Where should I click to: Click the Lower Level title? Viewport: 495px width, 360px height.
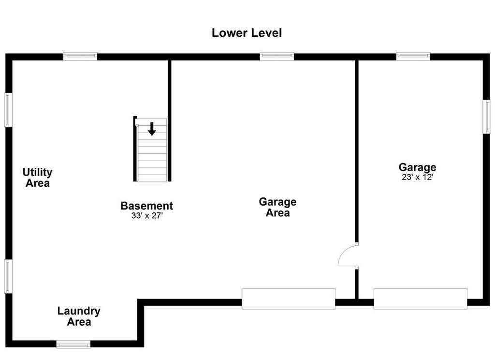click(247, 33)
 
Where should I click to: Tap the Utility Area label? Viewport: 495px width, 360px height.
click(37, 178)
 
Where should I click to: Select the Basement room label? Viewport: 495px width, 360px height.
click(147, 206)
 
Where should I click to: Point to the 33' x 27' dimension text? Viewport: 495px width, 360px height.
click(147, 216)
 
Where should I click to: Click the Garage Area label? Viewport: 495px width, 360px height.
click(278, 208)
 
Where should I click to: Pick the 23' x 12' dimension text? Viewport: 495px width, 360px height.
click(417, 177)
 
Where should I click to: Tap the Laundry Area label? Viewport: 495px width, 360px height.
click(79, 316)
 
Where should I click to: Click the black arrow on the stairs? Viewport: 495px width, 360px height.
click(152, 129)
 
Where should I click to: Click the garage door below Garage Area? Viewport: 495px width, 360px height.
click(289, 299)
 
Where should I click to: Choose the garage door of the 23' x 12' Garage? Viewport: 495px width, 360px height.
click(421, 299)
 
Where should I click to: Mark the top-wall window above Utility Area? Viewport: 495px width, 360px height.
click(80, 56)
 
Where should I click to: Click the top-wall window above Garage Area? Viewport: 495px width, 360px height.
click(277, 56)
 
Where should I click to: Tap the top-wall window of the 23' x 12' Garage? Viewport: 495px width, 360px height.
click(413, 56)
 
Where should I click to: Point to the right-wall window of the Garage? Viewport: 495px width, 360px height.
click(487, 117)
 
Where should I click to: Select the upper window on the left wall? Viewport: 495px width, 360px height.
click(8, 110)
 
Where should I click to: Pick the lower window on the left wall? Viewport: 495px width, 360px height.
click(8, 277)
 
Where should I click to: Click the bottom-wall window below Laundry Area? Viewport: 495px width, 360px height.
click(73, 344)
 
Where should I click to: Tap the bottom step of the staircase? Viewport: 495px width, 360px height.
click(152, 178)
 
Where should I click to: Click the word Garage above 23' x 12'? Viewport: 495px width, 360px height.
click(417, 167)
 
